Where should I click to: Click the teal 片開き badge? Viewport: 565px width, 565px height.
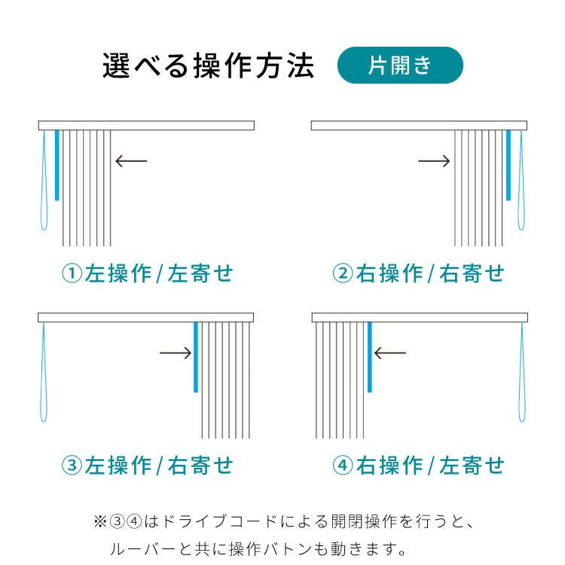400,66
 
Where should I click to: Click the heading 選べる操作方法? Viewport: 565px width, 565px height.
208,66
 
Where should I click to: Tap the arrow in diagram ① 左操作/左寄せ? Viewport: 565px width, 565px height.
131,160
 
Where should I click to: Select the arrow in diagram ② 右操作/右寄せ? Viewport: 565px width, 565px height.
434,160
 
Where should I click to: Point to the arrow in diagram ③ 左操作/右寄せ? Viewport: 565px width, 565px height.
176,353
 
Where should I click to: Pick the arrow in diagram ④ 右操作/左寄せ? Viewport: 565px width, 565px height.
390,353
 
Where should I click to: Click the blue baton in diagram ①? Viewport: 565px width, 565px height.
57,165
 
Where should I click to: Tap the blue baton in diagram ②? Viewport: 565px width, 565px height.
508,165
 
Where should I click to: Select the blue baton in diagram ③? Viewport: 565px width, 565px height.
196,357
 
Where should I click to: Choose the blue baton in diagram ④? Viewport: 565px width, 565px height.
370,357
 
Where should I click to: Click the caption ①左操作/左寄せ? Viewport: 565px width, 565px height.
148,273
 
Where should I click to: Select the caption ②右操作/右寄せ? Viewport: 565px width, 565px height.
418,273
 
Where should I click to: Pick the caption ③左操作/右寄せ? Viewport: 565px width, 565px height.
148,466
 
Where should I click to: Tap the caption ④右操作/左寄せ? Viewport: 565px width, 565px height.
418,466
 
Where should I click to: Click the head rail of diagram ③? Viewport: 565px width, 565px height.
146,317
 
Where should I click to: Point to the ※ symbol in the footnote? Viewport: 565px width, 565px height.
100,521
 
